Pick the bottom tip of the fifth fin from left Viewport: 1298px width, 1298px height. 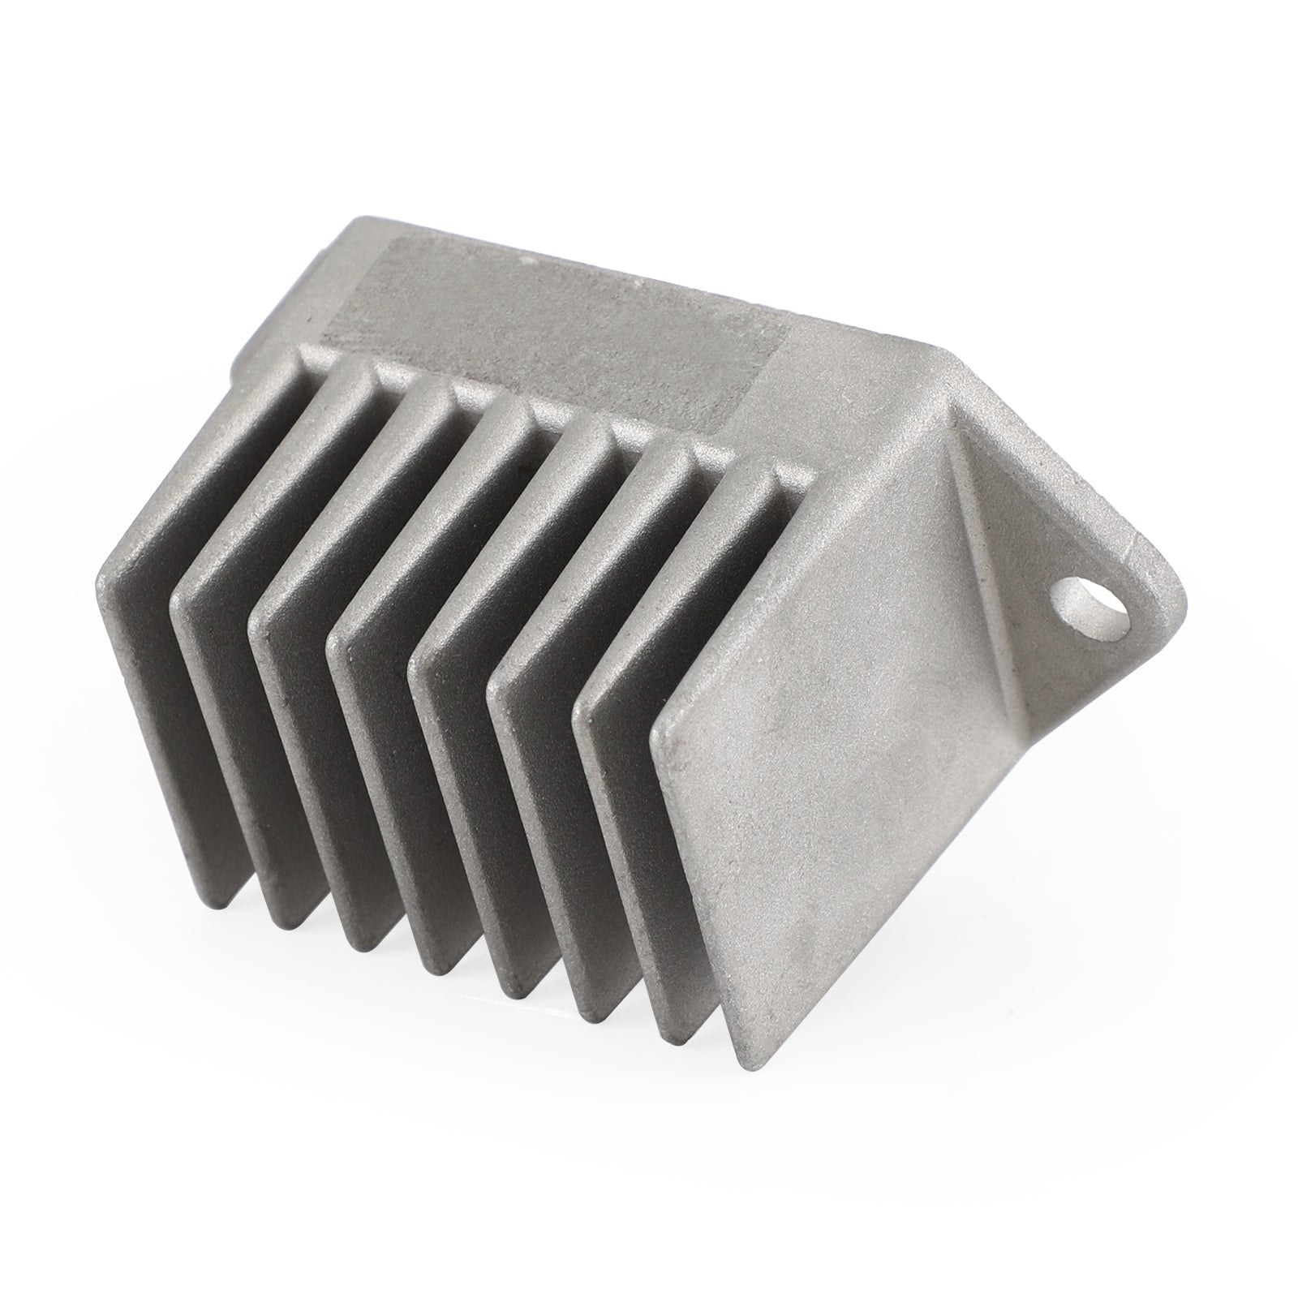(519, 998)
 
